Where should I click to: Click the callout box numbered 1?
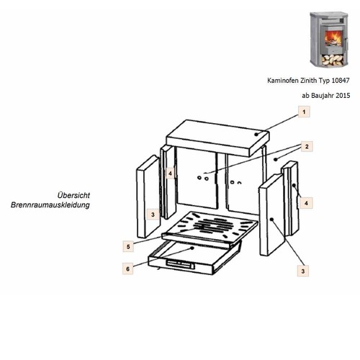point(304,112)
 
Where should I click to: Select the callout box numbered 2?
point(307,146)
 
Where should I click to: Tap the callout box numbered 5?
point(128,246)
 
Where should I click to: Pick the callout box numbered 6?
point(127,269)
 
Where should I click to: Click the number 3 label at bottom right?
point(303,271)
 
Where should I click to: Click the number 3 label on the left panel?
point(153,215)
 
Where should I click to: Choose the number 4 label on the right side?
point(306,203)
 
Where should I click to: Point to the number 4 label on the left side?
point(170,173)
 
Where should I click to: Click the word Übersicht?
point(73,195)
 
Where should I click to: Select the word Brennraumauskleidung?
point(50,205)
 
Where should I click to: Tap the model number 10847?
point(341,81)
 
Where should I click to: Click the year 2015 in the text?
point(343,96)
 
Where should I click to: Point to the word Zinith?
point(309,81)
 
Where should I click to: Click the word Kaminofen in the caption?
point(283,81)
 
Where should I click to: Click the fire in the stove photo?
point(333,38)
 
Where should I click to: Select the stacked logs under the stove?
point(333,60)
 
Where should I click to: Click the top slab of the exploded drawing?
point(217,138)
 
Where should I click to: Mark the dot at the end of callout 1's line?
point(256,135)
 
